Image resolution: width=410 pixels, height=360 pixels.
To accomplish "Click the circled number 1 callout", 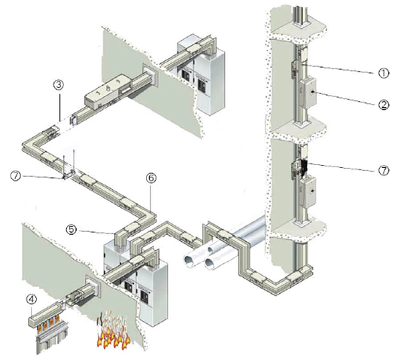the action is [x=384, y=73].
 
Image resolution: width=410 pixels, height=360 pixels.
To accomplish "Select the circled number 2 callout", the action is [x=384, y=105].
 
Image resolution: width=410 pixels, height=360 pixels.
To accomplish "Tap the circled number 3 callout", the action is [x=59, y=85].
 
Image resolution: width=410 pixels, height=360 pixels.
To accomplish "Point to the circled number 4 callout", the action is [x=32, y=299].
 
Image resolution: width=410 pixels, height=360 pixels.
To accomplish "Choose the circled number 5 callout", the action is [x=71, y=230].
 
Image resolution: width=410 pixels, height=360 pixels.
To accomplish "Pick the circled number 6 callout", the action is [x=151, y=178].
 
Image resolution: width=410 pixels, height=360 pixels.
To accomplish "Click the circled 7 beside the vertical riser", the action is [x=384, y=170].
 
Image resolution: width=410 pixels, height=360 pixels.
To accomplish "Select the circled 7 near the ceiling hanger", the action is [x=16, y=175].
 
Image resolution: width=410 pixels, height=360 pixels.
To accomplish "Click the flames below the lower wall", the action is [x=114, y=331].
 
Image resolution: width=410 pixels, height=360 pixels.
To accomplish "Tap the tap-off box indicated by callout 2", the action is [x=308, y=92].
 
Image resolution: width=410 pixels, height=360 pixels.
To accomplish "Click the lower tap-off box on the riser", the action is [x=308, y=191].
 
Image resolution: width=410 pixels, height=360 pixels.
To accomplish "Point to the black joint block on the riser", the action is [x=304, y=167].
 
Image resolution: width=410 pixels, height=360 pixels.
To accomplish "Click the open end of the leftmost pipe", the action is [x=190, y=261].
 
